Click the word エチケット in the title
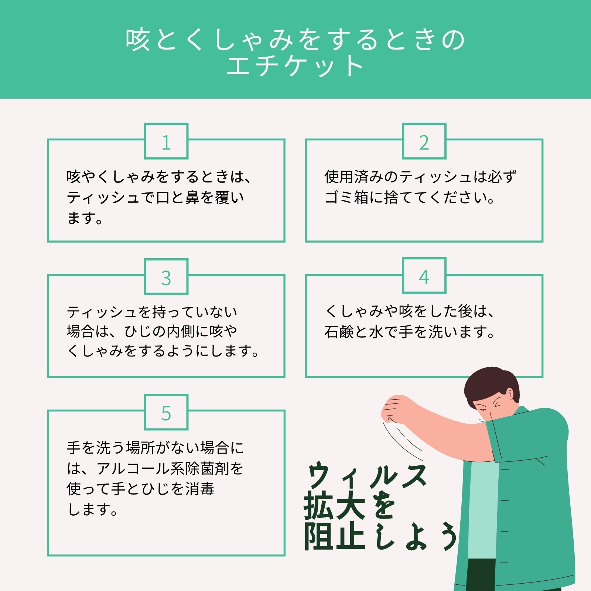(x=295, y=66)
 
